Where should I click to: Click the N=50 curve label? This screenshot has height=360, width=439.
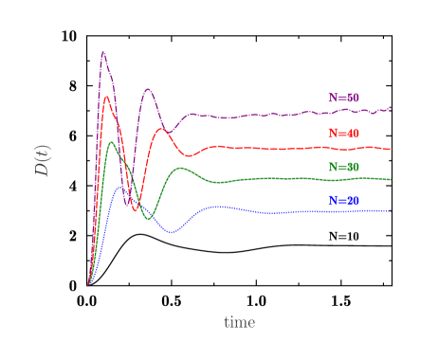(x=343, y=98)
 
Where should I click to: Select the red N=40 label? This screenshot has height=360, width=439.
(x=343, y=134)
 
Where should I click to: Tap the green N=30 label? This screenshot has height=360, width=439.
(x=343, y=167)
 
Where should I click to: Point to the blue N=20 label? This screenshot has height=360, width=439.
(x=343, y=201)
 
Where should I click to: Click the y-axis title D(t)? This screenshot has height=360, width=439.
(x=43, y=160)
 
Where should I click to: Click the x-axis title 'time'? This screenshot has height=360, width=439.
(x=239, y=323)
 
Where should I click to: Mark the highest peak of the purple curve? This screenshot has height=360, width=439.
(x=102, y=52)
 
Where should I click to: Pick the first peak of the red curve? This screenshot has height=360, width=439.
(x=107, y=97)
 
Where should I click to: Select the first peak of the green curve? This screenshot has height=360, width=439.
(x=112, y=142)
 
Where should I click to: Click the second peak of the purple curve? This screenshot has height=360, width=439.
(x=148, y=89)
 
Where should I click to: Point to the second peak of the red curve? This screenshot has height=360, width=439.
(x=162, y=130)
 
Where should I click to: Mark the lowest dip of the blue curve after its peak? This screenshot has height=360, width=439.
(x=172, y=232)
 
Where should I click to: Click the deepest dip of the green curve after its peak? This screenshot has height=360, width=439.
(x=147, y=219)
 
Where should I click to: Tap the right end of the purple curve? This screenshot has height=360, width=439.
(x=391, y=108)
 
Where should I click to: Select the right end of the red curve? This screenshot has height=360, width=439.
(x=391, y=149)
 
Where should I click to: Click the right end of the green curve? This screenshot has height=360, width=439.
(x=391, y=179)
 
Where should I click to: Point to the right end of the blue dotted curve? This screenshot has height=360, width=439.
(x=391, y=210)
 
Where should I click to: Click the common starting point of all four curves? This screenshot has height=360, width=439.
(x=88, y=285)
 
